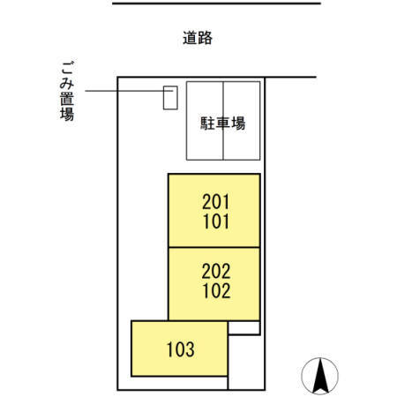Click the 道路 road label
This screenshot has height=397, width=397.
click(x=198, y=38)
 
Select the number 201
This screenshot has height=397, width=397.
click(x=214, y=203)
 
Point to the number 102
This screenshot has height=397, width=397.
click(x=214, y=290)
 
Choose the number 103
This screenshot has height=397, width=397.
click(x=179, y=348)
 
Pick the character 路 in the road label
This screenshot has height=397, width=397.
click(x=206, y=38)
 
